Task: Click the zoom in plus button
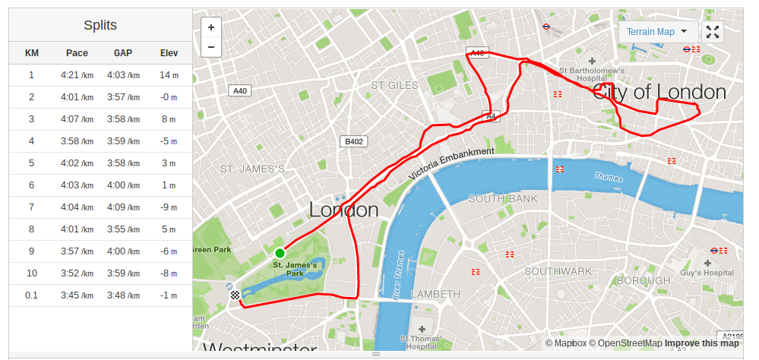pyautogui.click(x=210, y=27)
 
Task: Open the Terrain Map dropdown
pyautogui.click(x=657, y=32)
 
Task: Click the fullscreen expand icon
pyautogui.click(x=713, y=32)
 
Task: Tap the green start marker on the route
pyautogui.click(x=280, y=253)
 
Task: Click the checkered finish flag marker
pyautogui.click(x=236, y=295)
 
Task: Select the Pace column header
pyautogui.click(x=77, y=53)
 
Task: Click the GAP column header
pyautogui.click(x=123, y=53)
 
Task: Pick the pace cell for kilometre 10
pyautogui.click(x=77, y=273)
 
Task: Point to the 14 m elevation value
pyautogui.click(x=169, y=75)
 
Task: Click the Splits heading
pyautogui.click(x=100, y=25)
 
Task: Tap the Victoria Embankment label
pyautogui.click(x=451, y=163)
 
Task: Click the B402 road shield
pyautogui.click(x=353, y=141)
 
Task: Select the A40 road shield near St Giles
pyautogui.click(x=240, y=90)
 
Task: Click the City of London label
pyautogui.click(x=659, y=93)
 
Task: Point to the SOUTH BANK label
pyautogui.click(x=502, y=199)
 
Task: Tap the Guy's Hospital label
pyautogui.click(x=707, y=273)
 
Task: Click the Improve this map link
pyautogui.click(x=703, y=343)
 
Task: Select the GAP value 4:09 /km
pyautogui.click(x=123, y=207)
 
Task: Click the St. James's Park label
pyautogui.click(x=295, y=269)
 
